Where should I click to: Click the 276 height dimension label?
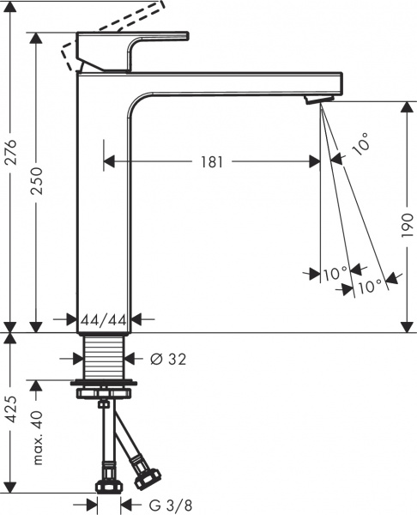point(11,160)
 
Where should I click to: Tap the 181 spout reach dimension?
point(209,161)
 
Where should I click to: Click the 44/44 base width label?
point(103,320)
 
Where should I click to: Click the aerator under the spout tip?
point(316,102)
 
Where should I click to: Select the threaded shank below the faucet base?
point(104,355)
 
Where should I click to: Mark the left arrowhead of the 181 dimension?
point(109,161)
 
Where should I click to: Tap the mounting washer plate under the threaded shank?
point(104,382)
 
